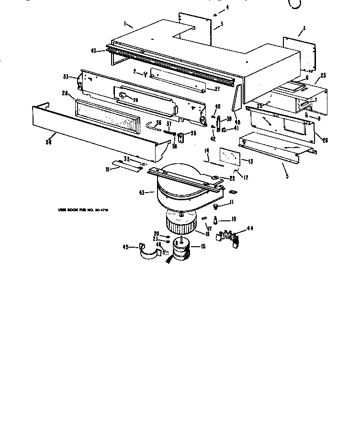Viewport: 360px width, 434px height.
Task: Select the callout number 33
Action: point(66,76)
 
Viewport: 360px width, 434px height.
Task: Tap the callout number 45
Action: point(126,247)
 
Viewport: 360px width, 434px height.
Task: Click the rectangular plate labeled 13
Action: point(229,157)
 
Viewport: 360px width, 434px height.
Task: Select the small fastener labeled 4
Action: point(222,11)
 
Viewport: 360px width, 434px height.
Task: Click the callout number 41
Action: point(236,128)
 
